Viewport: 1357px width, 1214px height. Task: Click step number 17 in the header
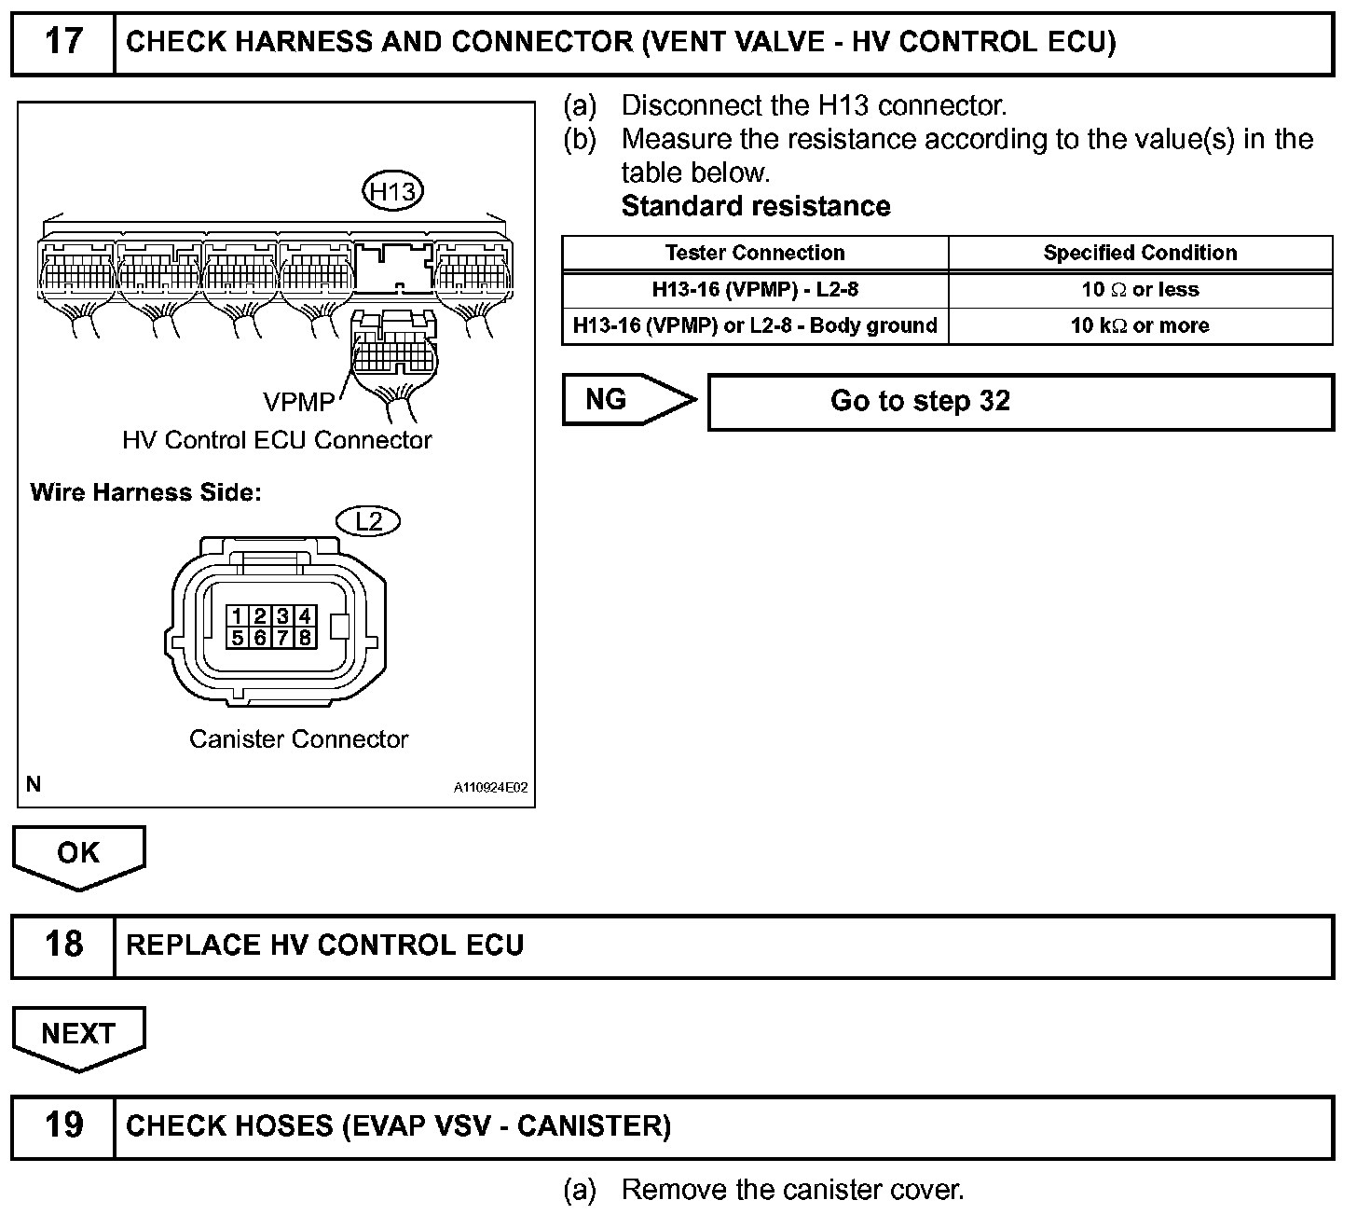pos(63,42)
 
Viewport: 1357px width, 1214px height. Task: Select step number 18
pos(63,945)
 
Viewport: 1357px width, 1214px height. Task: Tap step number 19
pos(63,1125)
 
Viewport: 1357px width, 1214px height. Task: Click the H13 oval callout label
pos(392,192)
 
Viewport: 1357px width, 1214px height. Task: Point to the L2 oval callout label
pos(369,521)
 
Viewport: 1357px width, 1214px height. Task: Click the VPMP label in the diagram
pos(298,402)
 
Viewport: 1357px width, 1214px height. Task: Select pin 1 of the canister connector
pos(239,615)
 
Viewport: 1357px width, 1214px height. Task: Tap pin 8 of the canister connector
pos(305,638)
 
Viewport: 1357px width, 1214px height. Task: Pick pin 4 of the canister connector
pos(305,615)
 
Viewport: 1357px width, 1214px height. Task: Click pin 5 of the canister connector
pos(239,638)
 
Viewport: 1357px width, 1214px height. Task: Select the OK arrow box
pos(78,854)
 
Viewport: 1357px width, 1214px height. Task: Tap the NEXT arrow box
pos(78,1035)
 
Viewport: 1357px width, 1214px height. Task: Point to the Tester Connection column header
pos(755,253)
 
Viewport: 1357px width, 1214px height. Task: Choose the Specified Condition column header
pos(1140,253)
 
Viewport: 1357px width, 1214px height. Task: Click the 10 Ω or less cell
pos(1140,290)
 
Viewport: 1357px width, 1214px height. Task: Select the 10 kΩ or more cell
pos(1140,325)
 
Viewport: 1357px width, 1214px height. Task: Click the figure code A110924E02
pos(490,788)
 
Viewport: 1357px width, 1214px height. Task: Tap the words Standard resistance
pos(755,206)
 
